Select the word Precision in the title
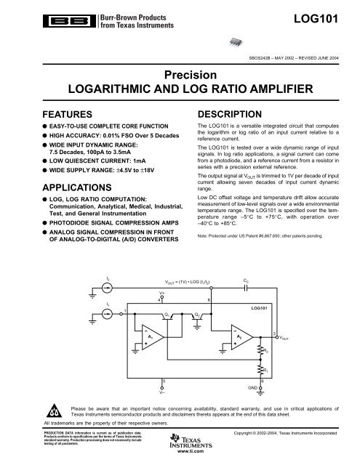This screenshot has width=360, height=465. point(180,74)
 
